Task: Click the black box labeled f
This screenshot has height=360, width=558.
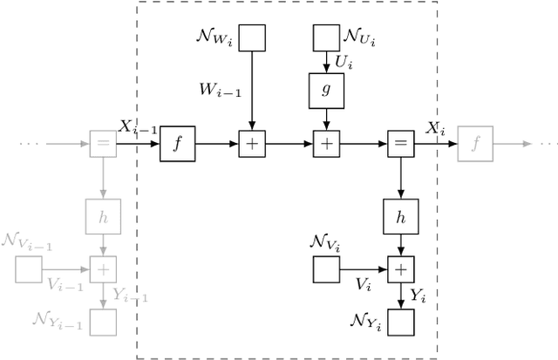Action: [x=178, y=144]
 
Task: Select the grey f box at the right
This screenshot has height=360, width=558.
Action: [x=475, y=144]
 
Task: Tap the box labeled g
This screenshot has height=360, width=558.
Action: [x=326, y=88]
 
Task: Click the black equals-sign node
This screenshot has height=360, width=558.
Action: [x=400, y=144]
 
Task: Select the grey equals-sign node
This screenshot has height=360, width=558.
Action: [x=103, y=144]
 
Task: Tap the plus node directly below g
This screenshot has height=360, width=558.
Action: [x=326, y=144]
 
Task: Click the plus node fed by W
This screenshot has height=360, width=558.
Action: [x=252, y=144]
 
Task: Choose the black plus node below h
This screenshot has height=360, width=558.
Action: [x=400, y=269]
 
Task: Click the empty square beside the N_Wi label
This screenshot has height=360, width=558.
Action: [x=252, y=37]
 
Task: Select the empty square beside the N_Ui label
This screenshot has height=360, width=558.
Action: [x=326, y=37]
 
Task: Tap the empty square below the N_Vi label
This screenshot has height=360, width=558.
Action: [x=326, y=269]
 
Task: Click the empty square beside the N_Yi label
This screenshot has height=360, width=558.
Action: [x=400, y=323]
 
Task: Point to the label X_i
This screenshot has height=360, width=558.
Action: [x=434, y=128]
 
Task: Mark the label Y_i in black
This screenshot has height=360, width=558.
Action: [x=418, y=296]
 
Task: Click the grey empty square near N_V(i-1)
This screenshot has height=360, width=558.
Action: [x=29, y=269]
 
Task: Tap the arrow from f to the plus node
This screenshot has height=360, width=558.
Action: [x=217, y=144]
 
